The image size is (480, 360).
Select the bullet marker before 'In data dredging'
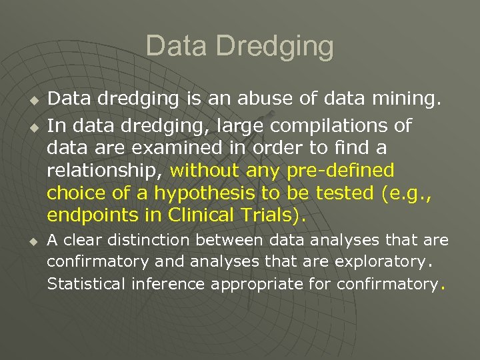31,126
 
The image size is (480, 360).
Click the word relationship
103,171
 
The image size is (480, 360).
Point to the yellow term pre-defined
340,171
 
